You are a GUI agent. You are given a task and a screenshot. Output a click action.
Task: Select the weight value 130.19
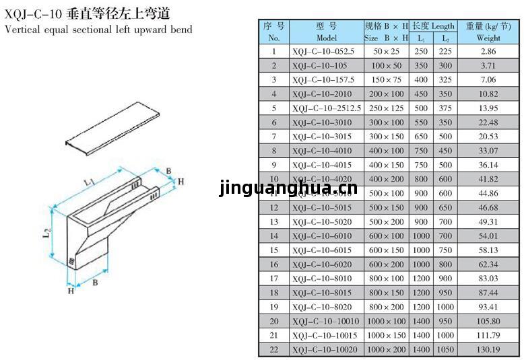click(x=488, y=349)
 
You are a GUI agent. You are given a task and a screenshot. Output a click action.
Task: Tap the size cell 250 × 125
click(x=386, y=108)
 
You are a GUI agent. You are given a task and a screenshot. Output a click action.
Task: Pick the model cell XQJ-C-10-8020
click(x=322, y=307)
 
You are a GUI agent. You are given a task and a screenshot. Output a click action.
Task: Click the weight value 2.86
click(x=488, y=51)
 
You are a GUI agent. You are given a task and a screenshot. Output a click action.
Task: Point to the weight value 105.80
click(x=488, y=321)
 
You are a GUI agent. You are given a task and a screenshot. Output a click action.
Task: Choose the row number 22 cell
click(x=274, y=349)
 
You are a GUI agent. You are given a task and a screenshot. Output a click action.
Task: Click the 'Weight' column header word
click(x=488, y=38)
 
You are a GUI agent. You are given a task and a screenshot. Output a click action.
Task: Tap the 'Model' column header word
click(x=326, y=38)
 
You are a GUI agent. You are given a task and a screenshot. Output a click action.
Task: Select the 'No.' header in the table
click(x=274, y=38)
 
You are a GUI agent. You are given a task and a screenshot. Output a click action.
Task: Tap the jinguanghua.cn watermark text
click(x=288, y=190)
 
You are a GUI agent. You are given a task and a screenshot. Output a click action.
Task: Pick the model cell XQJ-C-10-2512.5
click(x=327, y=108)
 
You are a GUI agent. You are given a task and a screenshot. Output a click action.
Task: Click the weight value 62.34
click(x=488, y=264)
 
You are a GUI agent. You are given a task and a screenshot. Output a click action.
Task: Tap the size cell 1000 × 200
click(x=386, y=349)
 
